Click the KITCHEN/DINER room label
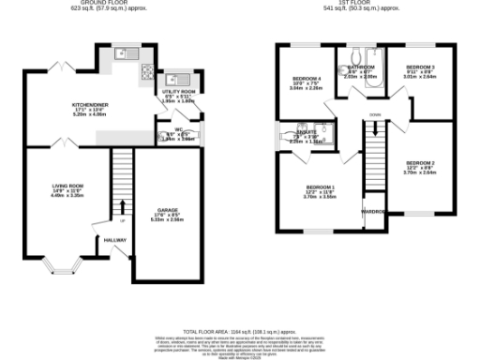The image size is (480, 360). [89, 105]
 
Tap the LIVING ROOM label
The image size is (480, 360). [67, 186]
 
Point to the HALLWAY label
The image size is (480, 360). [114, 240]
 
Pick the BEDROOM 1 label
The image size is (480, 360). [319, 187]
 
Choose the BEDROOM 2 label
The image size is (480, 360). [419, 163]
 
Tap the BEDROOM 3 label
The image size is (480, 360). [419, 67]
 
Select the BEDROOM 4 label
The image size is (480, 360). [307, 78]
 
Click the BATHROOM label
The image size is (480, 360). [362, 67]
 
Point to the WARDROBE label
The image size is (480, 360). [375, 212]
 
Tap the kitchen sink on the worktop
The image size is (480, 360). [122, 54]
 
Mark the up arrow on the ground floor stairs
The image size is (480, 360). [122, 207]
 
